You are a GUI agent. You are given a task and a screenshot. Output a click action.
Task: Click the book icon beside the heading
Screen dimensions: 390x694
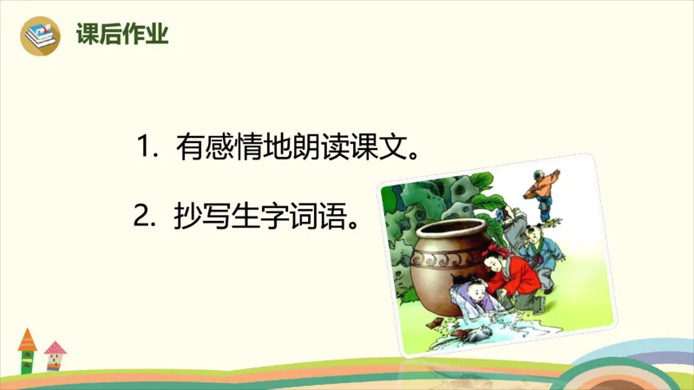(x=41, y=36)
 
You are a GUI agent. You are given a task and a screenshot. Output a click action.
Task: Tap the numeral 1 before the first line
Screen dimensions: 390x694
(x=145, y=146)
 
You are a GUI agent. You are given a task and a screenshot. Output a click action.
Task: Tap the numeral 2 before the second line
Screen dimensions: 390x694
(x=143, y=213)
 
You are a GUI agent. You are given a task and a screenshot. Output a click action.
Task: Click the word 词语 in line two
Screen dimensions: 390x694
(x=330, y=214)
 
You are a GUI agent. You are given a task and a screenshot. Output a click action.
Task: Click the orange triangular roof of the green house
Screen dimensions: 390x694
(x=27, y=336)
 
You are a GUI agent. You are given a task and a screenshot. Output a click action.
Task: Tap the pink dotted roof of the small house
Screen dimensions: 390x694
(x=56, y=348)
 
